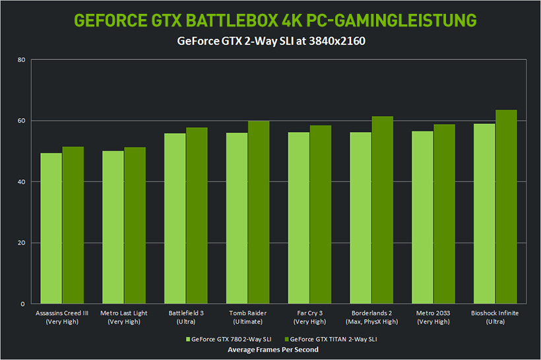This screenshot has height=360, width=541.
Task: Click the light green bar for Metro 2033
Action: coord(422,217)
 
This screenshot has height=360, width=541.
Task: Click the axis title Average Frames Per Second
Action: coord(272,350)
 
